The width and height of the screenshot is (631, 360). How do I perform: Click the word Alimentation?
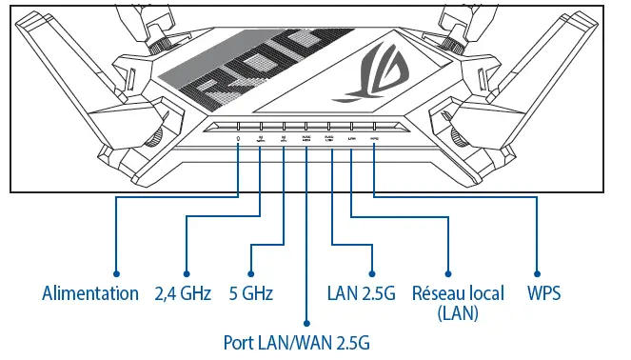(90, 293)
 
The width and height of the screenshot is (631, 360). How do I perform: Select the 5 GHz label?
(251, 293)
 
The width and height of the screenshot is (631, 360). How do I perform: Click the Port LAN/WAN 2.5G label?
(296, 341)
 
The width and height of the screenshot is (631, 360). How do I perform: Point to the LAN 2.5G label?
(361, 293)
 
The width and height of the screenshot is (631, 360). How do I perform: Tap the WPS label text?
(543, 293)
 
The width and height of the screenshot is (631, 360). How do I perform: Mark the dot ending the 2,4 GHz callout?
(187, 272)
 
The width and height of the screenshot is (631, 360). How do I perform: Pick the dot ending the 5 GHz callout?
(250, 272)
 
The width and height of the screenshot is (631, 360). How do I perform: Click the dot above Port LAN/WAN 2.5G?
(306, 322)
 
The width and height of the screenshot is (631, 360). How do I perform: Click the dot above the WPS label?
(539, 272)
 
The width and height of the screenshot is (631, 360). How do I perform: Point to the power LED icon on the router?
(238, 139)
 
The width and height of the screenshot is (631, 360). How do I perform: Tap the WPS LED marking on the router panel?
(375, 138)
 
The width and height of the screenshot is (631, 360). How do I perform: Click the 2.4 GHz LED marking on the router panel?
(261, 139)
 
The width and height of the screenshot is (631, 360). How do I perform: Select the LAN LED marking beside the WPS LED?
(352, 138)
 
